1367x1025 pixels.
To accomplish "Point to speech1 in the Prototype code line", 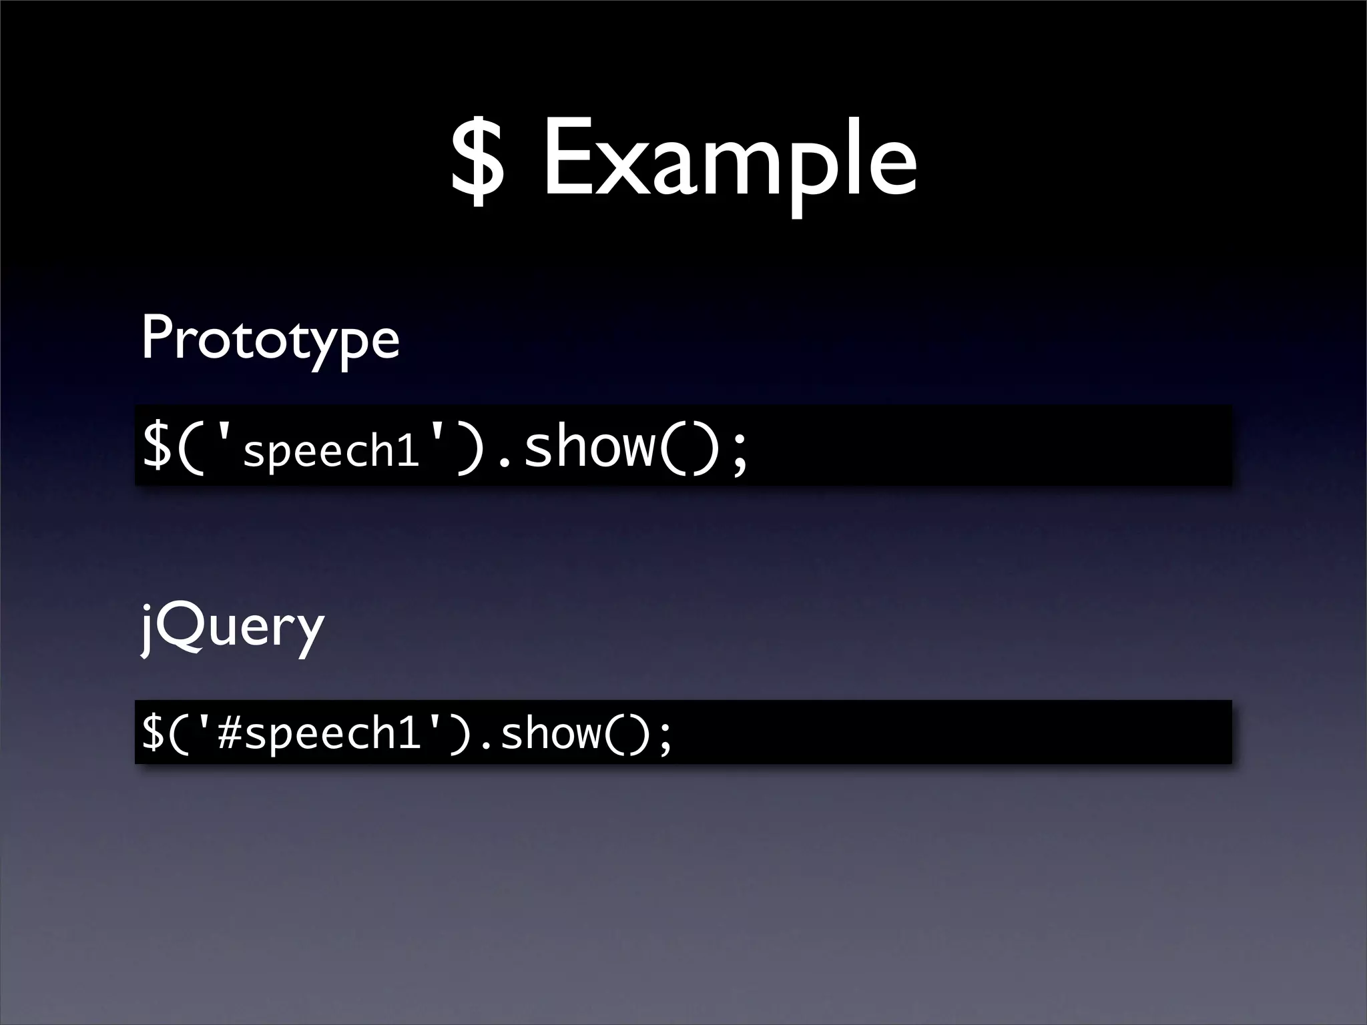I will click(x=331, y=452).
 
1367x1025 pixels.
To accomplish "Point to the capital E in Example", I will click(x=567, y=160).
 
